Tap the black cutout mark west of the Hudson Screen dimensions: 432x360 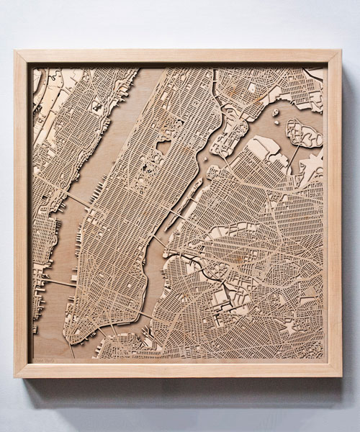point(95,106)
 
